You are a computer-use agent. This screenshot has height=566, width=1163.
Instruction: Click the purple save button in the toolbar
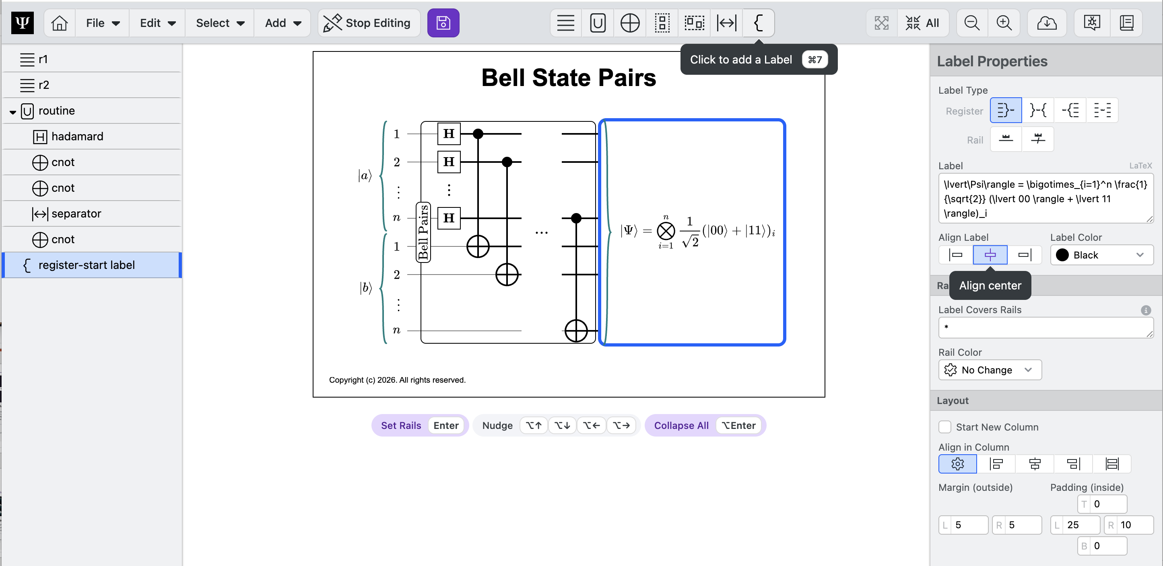[x=443, y=23]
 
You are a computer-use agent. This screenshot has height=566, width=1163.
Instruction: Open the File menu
[x=103, y=23]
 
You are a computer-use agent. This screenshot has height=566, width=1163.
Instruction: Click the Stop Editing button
[x=368, y=23]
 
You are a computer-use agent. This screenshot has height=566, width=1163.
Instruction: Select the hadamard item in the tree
[x=77, y=136]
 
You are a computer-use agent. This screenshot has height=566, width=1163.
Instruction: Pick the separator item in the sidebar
[x=76, y=213]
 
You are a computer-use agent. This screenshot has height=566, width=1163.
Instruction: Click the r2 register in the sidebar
[x=44, y=85]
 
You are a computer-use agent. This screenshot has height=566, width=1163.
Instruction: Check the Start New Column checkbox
[x=944, y=427]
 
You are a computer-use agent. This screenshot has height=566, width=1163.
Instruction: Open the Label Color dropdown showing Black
[x=1101, y=255]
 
